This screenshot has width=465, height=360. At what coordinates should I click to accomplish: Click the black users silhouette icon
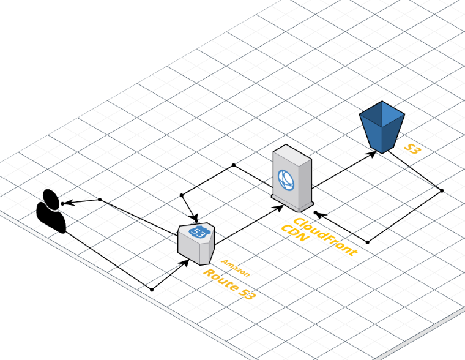(x=51, y=212)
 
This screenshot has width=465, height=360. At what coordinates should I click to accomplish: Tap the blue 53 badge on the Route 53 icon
(x=197, y=232)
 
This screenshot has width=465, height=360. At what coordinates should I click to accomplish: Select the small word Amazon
(x=236, y=268)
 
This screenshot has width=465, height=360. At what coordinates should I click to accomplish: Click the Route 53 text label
(x=229, y=285)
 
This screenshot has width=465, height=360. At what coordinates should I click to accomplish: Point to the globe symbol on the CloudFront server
(x=286, y=178)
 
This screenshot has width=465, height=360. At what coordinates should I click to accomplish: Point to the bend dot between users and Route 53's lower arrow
(x=151, y=289)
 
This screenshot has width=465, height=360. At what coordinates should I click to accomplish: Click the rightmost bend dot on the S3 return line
(x=442, y=190)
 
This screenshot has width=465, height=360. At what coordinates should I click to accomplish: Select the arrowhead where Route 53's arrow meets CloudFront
(x=279, y=208)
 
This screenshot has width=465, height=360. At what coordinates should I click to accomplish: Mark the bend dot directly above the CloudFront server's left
(x=233, y=165)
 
